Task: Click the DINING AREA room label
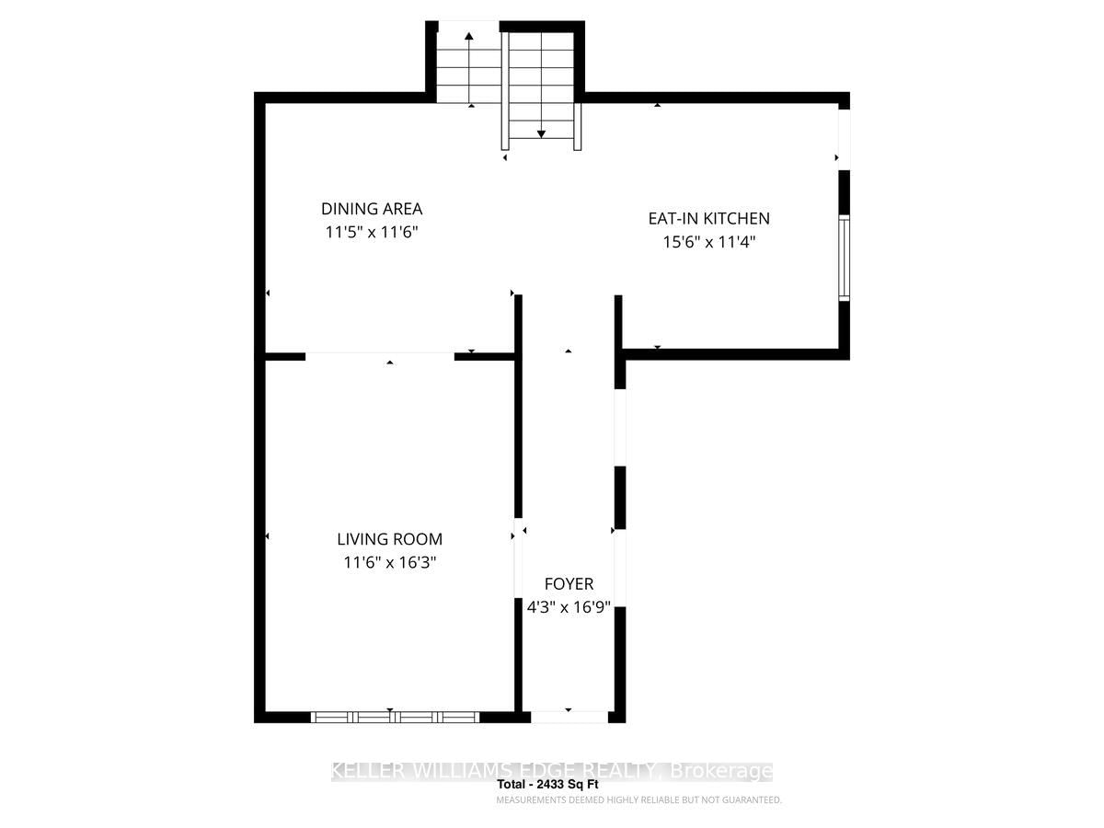point(371,209)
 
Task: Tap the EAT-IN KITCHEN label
point(708,218)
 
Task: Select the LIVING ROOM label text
point(390,539)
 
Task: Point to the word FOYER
point(569,583)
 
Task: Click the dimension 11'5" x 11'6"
point(372,232)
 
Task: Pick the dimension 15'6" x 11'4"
point(709,242)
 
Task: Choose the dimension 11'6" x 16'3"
point(390,562)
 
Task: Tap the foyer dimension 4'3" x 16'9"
point(569,607)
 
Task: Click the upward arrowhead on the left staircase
point(469,36)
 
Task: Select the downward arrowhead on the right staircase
point(541,134)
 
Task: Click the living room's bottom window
point(395,717)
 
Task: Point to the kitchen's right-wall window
point(845,258)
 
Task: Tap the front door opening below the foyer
point(569,717)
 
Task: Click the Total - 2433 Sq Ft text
point(547,784)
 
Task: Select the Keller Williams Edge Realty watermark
point(552,770)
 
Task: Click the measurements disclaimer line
point(638,799)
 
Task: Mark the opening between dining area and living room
point(380,356)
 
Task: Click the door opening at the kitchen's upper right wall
point(844,140)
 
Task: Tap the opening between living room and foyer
point(518,558)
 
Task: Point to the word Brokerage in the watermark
point(721,770)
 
